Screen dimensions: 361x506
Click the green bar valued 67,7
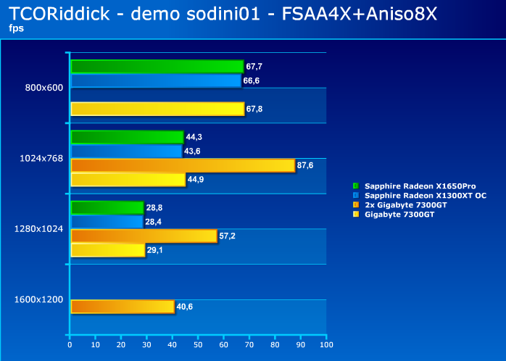(x=157, y=67)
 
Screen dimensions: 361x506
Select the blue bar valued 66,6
(x=155, y=80)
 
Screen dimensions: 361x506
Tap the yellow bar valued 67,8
(x=157, y=109)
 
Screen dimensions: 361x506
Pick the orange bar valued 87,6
(x=183, y=165)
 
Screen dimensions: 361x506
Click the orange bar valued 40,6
(x=123, y=307)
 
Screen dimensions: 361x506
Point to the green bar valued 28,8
(x=107, y=207)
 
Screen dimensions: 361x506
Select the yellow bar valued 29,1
(x=107, y=250)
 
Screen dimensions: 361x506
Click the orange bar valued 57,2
(x=144, y=236)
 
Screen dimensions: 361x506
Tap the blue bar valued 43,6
(x=125, y=151)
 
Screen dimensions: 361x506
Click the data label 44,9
(x=196, y=180)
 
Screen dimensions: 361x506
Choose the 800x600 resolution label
(x=43, y=88)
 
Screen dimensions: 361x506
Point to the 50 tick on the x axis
(x=198, y=345)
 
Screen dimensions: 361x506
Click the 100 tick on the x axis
(x=326, y=345)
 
